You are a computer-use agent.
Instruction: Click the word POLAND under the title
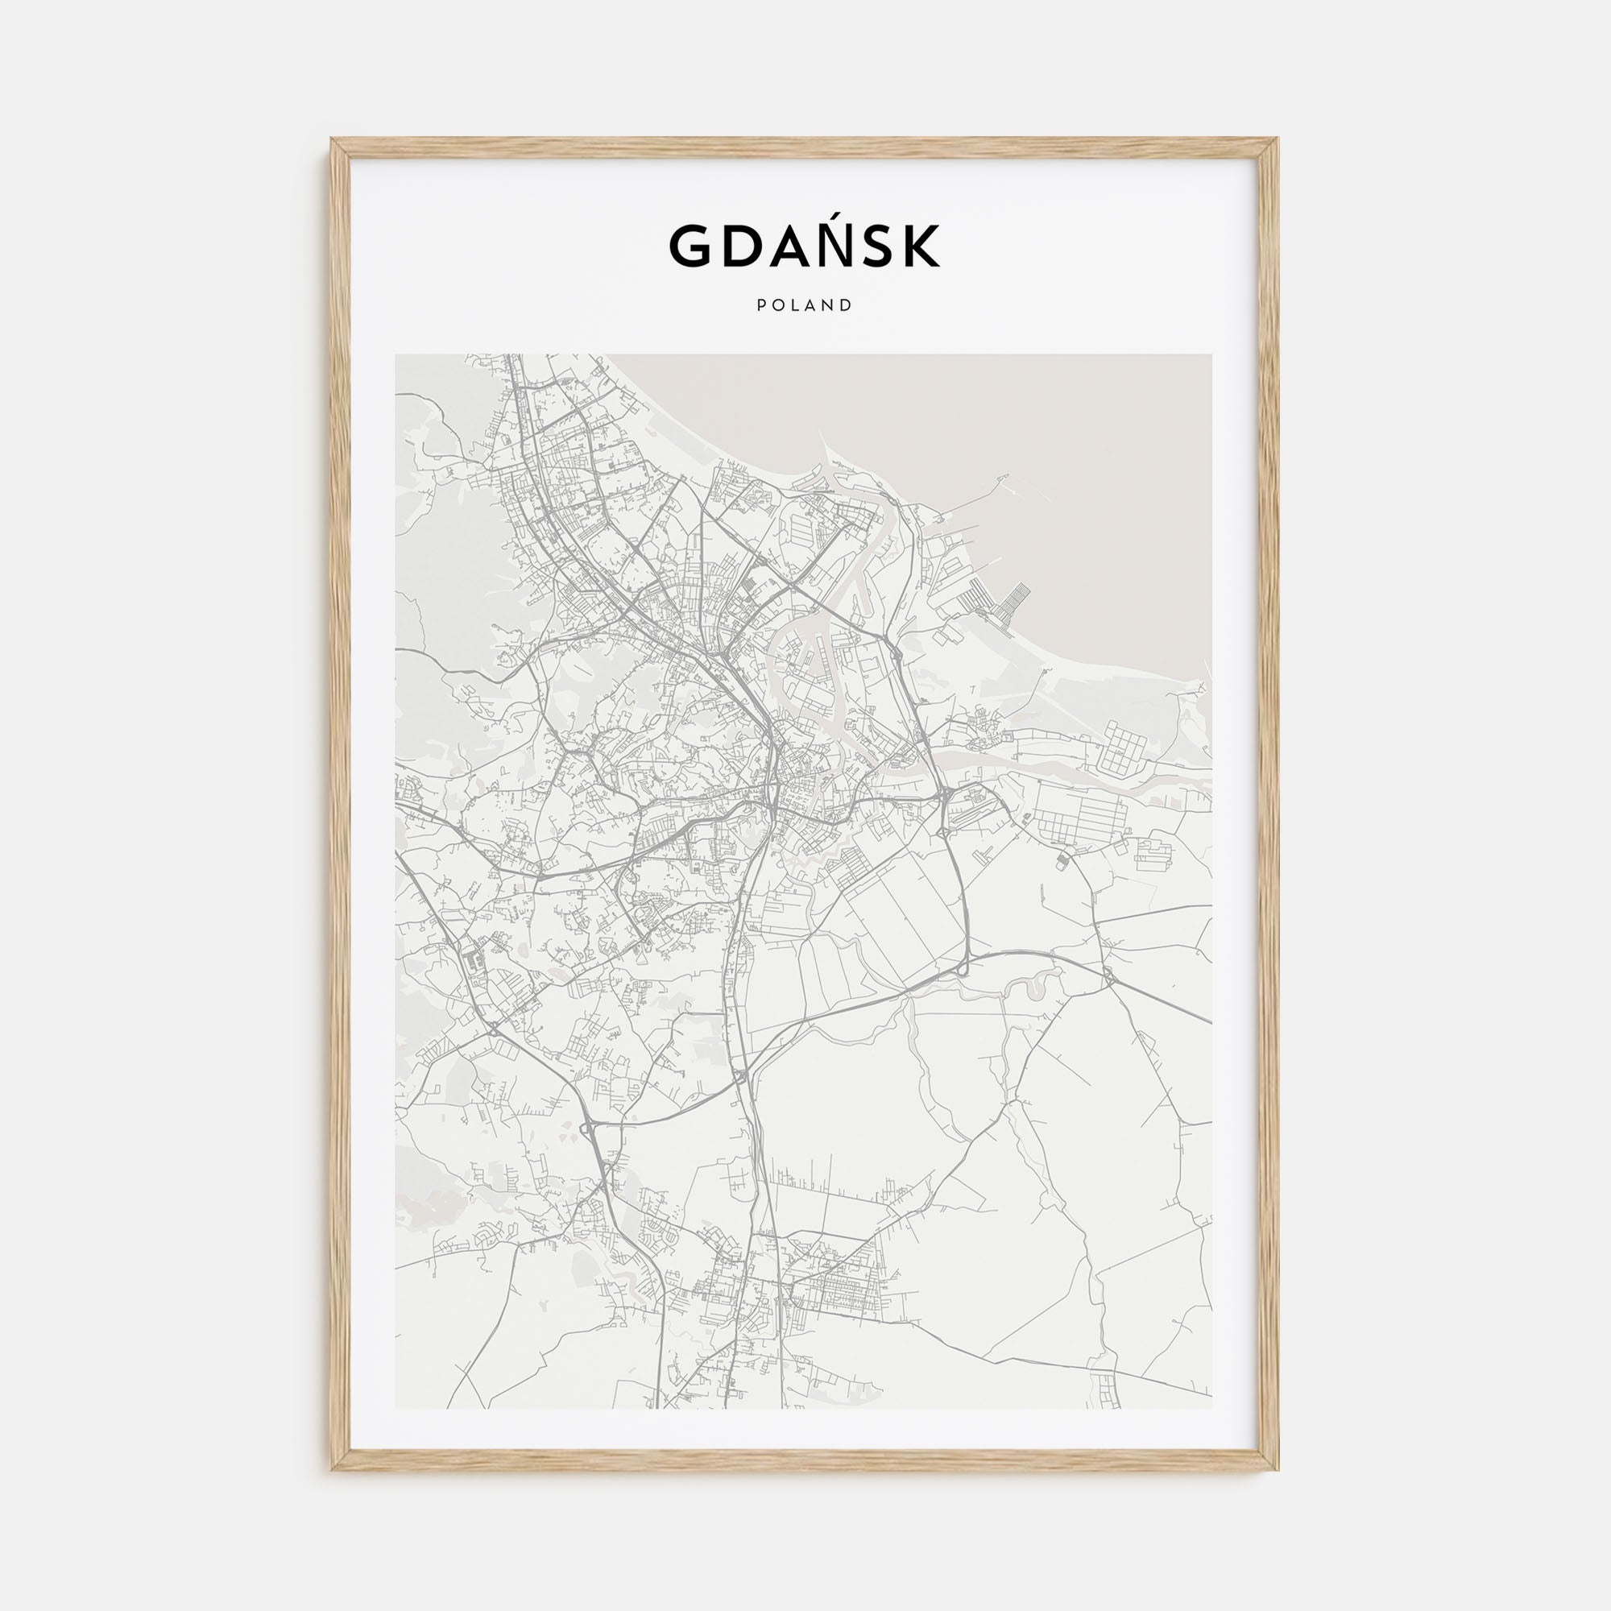coord(805,305)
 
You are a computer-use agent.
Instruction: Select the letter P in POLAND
coord(761,305)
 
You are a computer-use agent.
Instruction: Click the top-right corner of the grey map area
coord(1211,355)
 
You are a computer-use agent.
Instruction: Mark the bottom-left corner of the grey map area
coord(396,1408)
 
